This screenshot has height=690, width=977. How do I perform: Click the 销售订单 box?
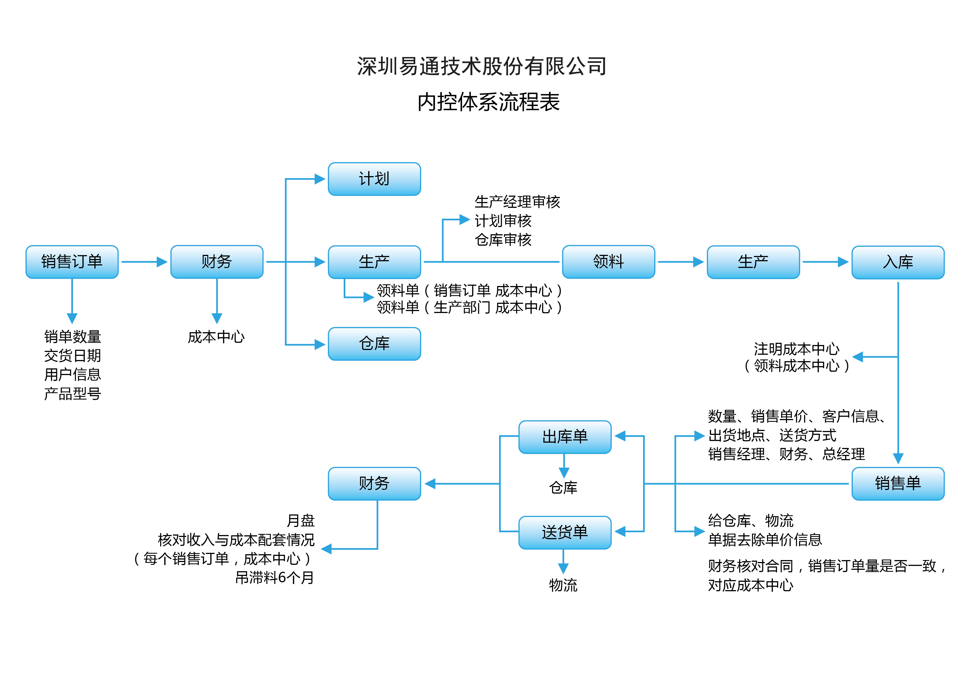(72, 262)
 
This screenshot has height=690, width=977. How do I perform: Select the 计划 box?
(375, 179)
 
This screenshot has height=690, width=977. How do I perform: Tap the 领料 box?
(609, 262)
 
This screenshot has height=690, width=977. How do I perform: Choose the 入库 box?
(898, 262)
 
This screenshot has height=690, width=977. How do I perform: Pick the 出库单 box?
(565, 437)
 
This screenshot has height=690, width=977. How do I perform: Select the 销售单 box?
(898, 484)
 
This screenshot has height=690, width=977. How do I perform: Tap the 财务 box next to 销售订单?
(217, 262)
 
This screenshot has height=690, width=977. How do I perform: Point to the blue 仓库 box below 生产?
(375, 344)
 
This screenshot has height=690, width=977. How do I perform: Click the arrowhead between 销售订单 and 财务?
(162, 262)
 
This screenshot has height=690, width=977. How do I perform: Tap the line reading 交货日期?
(73, 355)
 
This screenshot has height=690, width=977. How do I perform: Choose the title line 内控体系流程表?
(488, 102)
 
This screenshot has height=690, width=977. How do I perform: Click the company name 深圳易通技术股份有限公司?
(482, 66)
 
